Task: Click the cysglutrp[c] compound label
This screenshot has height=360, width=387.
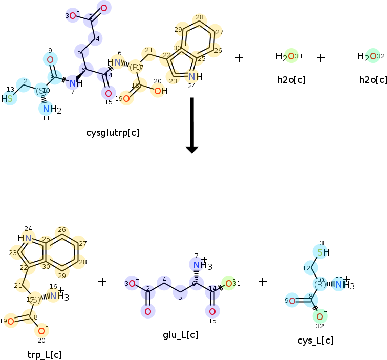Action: (113, 133)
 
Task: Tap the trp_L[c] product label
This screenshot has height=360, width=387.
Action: (45, 354)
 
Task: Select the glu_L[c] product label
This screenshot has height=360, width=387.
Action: (180, 335)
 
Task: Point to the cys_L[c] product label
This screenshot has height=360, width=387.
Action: (315, 341)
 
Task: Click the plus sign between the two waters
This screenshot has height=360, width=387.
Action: (321, 58)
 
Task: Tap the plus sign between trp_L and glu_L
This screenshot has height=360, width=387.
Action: (102, 281)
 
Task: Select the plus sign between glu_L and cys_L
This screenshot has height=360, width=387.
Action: (263, 281)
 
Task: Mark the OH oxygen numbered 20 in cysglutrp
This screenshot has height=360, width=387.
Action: (158, 91)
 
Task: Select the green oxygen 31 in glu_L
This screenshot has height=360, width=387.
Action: (228, 283)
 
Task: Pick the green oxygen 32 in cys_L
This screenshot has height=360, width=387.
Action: (319, 316)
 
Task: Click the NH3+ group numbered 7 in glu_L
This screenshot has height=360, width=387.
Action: (197, 265)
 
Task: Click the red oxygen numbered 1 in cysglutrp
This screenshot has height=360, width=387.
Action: (104, 8)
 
